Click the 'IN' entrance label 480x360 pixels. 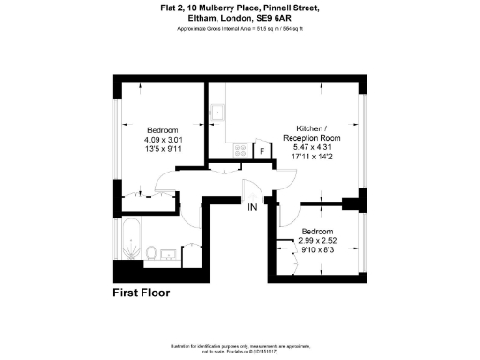[x=252, y=207]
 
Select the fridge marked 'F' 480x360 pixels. [x=263, y=150]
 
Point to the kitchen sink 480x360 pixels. [x=217, y=112]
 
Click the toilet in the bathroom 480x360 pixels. [x=151, y=251]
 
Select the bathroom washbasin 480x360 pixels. [x=171, y=252]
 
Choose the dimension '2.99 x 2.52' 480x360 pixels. [x=316, y=240]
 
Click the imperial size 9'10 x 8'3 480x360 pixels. [x=316, y=249]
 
